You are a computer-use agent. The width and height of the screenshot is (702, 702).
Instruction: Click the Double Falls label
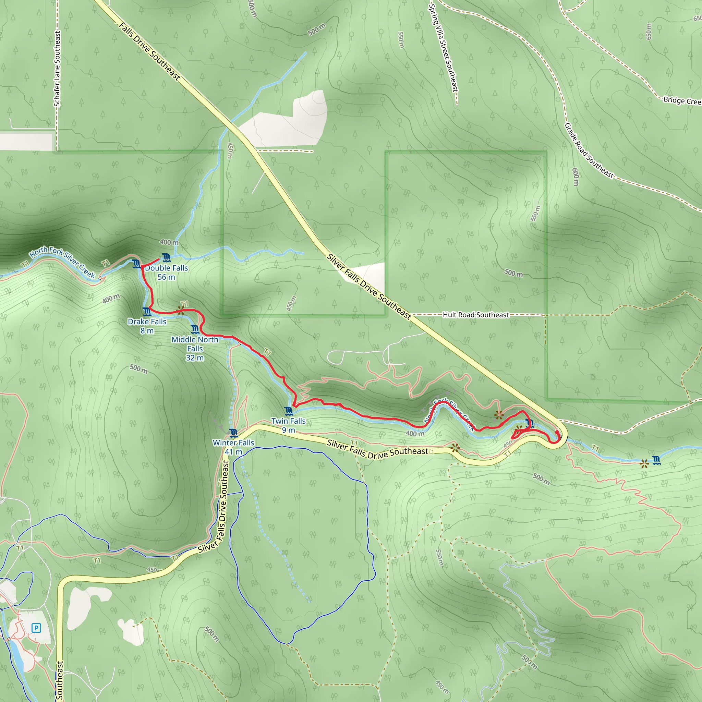[167, 268]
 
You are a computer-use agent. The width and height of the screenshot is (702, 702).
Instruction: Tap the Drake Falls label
[147, 322]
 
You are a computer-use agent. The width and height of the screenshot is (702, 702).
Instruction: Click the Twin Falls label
[289, 421]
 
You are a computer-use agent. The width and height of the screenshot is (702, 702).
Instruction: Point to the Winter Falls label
[234, 443]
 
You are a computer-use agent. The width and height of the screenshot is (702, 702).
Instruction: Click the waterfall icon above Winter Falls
[234, 433]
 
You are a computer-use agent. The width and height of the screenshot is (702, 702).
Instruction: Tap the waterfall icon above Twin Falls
[289, 411]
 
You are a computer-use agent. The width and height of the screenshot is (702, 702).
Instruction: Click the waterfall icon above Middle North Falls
[195, 329]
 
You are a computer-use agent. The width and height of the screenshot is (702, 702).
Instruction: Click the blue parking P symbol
[36, 628]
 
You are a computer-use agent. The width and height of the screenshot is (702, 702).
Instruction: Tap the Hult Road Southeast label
[476, 315]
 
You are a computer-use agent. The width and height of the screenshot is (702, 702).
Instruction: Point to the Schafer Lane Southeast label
[57, 69]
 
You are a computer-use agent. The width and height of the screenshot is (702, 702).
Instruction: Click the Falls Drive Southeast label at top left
[150, 51]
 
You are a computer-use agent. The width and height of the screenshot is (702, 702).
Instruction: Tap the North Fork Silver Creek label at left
[62, 262]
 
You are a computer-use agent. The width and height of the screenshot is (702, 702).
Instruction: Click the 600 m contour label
[576, 177]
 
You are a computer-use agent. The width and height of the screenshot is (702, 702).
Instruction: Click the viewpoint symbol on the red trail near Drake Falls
[181, 310]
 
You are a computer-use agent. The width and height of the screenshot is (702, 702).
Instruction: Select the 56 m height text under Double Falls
[166, 277]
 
